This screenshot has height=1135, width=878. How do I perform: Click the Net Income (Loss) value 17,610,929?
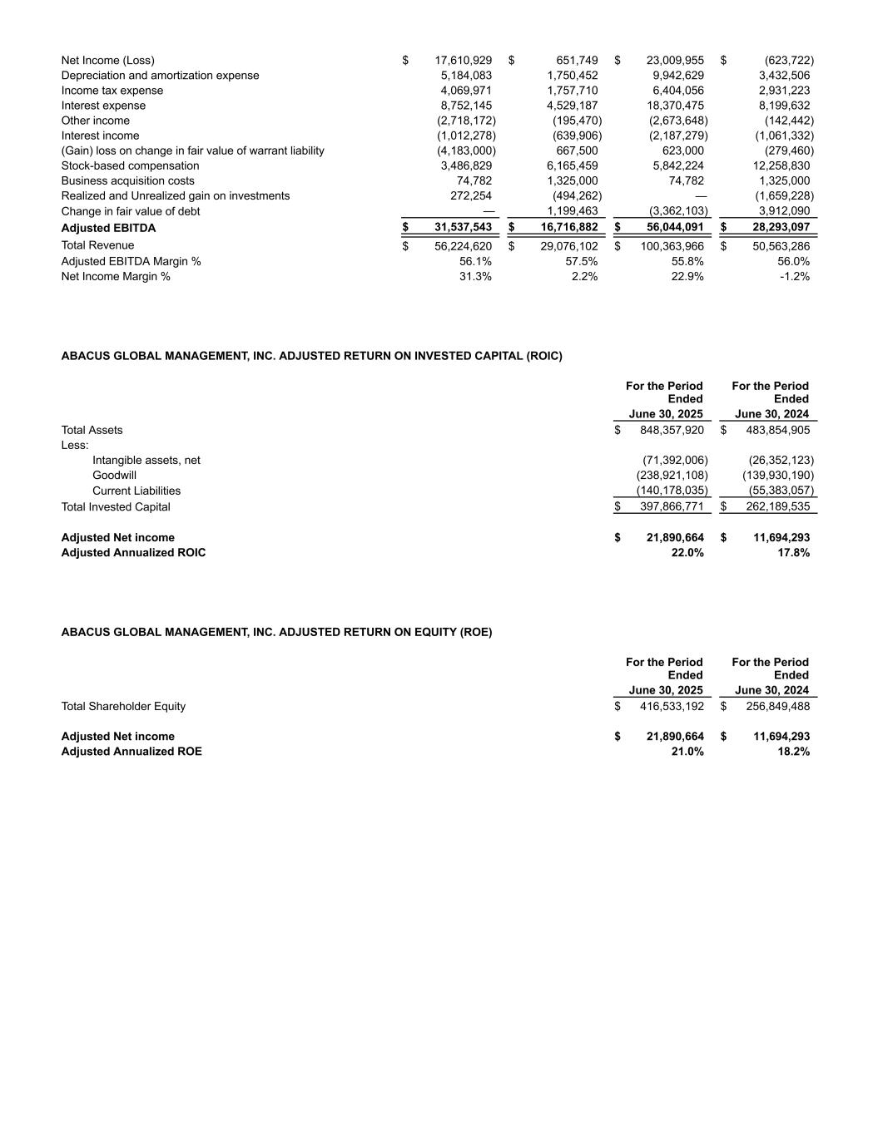[463, 61]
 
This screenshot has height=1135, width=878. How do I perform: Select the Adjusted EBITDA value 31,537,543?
[463, 228]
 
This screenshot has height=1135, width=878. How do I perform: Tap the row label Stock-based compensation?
[130, 165]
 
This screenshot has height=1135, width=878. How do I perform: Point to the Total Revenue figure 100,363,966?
[672, 246]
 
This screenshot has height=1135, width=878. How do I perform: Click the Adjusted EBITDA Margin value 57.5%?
[581, 261]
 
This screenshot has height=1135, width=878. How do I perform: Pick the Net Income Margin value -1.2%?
[795, 276]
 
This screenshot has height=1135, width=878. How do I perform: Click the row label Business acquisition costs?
[127, 180]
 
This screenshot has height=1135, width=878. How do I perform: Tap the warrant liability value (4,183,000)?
[466, 151]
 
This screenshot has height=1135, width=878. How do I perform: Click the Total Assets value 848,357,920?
[672, 430]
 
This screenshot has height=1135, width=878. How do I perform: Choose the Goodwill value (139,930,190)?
[778, 476]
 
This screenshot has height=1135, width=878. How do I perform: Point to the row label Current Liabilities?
[136, 491]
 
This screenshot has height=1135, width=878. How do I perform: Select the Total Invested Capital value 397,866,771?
[672, 507]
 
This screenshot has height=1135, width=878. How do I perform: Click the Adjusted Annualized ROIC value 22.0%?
[687, 553]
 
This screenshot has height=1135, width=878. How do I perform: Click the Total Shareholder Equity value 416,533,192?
[672, 706]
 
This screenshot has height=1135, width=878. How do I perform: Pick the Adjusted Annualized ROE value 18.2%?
[793, 752]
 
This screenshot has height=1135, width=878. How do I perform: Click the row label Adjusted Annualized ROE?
[131, 752]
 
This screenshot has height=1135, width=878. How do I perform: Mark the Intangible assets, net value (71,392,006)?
[675, 461]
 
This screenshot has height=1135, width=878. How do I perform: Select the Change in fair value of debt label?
[131, 211]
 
